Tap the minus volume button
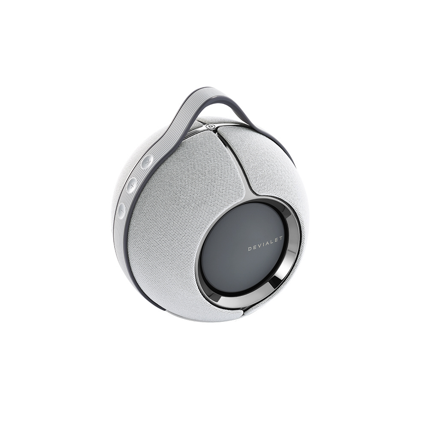click(x=122, y=210)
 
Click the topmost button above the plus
click(x=147, y=162)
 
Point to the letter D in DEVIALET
click(x=250, y=250)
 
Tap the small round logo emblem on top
click(x=210, y=126)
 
